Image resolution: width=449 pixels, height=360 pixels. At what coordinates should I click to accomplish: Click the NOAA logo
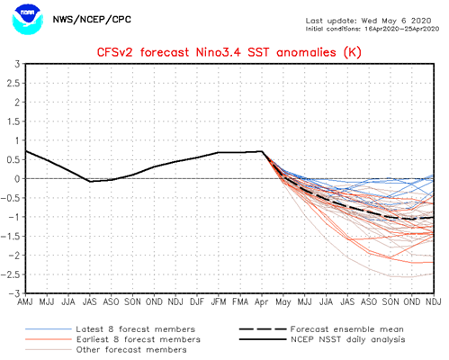[27, 20]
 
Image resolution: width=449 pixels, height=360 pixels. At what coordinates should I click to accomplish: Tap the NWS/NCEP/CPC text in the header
[92, 20]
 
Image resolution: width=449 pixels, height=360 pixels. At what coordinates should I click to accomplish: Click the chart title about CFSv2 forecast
[229, 52]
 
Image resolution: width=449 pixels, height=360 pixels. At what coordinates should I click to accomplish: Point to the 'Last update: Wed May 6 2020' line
[368, 21]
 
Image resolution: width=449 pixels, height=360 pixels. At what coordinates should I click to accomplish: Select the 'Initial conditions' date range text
[373, 29]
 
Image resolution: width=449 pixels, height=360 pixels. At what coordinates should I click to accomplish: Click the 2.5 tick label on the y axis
[13, 83]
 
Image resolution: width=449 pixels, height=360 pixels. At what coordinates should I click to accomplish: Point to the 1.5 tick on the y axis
[13, 121]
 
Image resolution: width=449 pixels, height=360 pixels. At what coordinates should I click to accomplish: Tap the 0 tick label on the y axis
[17, 179]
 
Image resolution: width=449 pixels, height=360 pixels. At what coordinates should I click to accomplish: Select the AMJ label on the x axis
[25, 301]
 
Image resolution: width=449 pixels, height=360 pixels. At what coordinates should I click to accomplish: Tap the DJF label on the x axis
[197, 301]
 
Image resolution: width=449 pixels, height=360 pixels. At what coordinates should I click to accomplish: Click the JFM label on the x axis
[219, 301]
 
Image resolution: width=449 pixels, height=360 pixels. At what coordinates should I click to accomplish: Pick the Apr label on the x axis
[261, 302]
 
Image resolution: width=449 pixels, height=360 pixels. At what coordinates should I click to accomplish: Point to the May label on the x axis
[283, 302]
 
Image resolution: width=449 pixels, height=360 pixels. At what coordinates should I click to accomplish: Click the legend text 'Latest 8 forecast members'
[136, 329]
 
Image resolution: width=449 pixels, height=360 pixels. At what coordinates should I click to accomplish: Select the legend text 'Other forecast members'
[131, 349]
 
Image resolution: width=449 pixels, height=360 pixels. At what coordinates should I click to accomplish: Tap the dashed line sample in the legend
[263, 329]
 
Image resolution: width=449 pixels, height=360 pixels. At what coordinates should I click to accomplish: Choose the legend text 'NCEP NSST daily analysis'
[348, 339]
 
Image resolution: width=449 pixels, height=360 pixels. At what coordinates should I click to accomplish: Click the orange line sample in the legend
[49, 339]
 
